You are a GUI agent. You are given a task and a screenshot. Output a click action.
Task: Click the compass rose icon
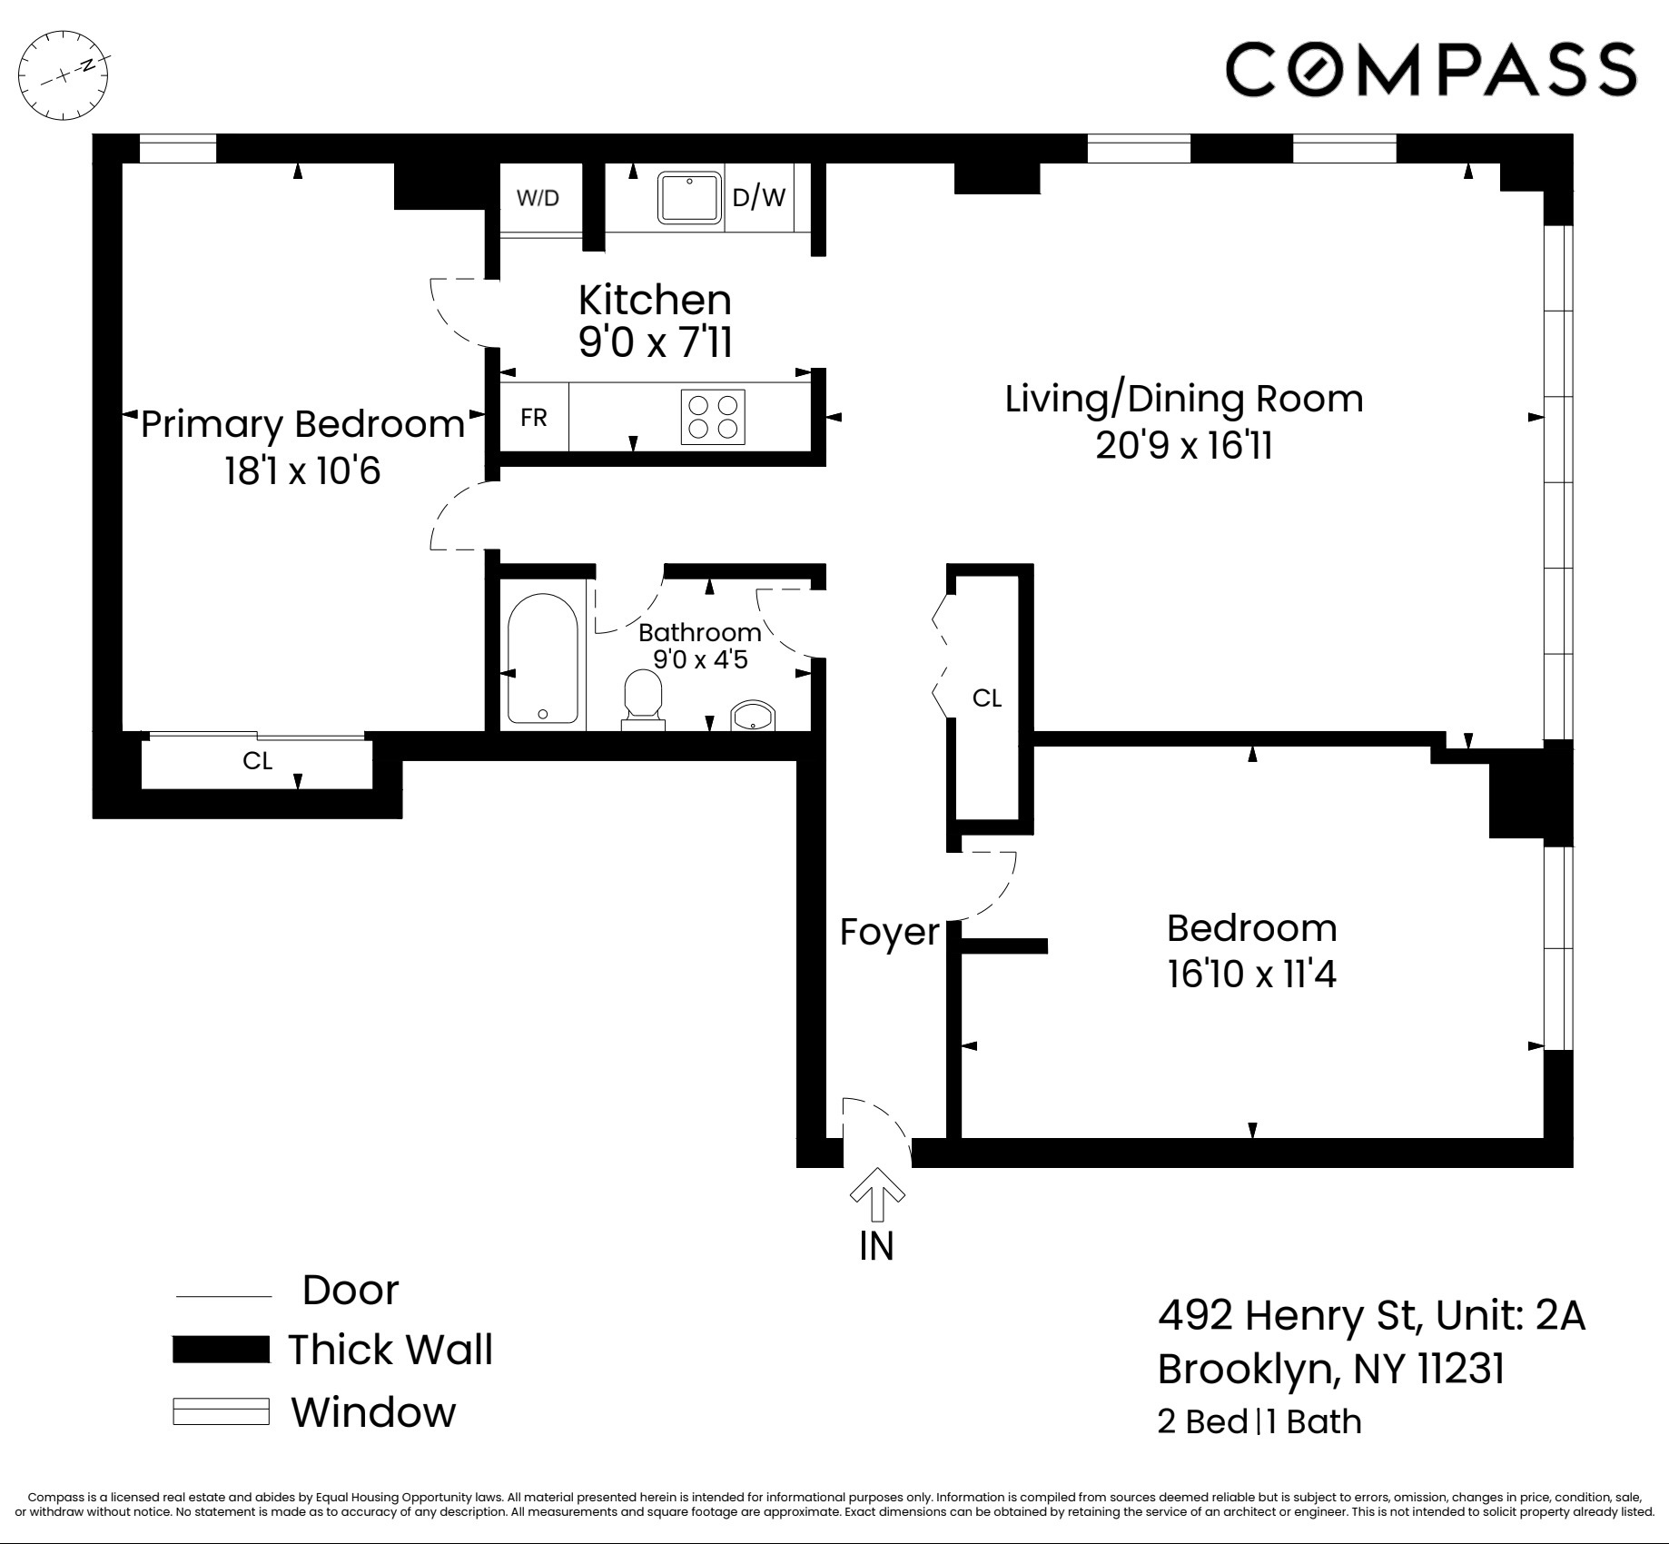[64, 75]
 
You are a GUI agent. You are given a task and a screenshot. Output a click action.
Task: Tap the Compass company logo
[1430, 69]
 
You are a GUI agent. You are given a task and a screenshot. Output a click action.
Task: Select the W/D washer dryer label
[538, 198]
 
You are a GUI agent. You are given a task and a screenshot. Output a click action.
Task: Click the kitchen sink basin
[690, 197]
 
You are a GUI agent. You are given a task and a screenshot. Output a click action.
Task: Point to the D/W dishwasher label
[758, 197]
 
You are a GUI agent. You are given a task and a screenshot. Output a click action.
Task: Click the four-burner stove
[713, 417]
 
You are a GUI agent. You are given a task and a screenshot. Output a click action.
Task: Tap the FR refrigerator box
[534, 417]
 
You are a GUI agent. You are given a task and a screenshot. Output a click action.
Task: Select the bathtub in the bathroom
[542, 658]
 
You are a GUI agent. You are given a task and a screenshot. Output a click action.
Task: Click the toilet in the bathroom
[643, 698]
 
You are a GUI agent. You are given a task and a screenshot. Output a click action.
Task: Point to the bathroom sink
[752, 717]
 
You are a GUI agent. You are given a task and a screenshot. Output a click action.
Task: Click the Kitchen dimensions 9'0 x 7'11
[655, 343]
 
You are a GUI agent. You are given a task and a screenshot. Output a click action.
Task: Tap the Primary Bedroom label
[302, 424]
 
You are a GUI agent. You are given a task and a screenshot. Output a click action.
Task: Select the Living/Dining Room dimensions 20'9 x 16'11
[1183, 446]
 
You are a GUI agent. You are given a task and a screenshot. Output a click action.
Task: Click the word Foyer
[889, 932]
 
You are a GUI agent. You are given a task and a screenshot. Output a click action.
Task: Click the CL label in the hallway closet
[987, 698]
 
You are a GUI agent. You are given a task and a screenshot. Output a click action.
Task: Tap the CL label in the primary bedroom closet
[258, 760]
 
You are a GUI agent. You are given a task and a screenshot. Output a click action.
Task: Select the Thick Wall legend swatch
[221, 1350]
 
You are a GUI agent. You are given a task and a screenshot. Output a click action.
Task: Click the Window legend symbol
[221, 1412]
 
